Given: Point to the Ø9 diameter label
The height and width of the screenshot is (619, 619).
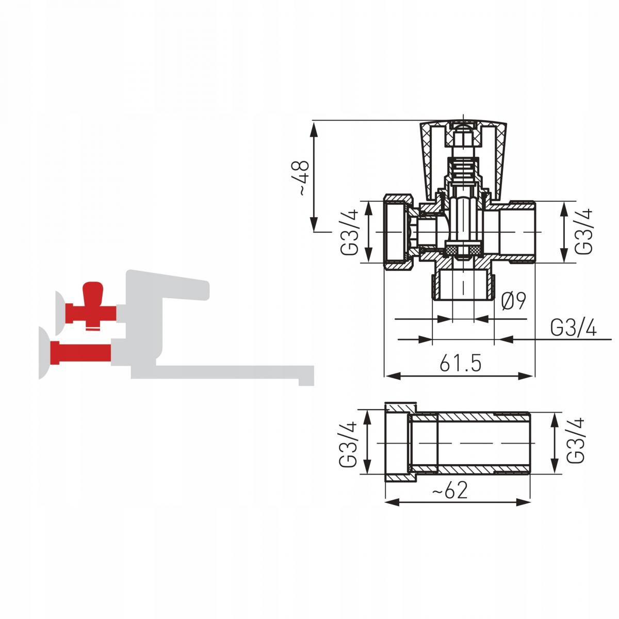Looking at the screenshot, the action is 513,301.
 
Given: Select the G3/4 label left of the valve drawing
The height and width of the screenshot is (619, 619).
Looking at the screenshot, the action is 349,232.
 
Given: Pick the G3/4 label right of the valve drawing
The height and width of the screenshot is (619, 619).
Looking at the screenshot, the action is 583,231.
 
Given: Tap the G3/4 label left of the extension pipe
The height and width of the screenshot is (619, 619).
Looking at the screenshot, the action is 348,444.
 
